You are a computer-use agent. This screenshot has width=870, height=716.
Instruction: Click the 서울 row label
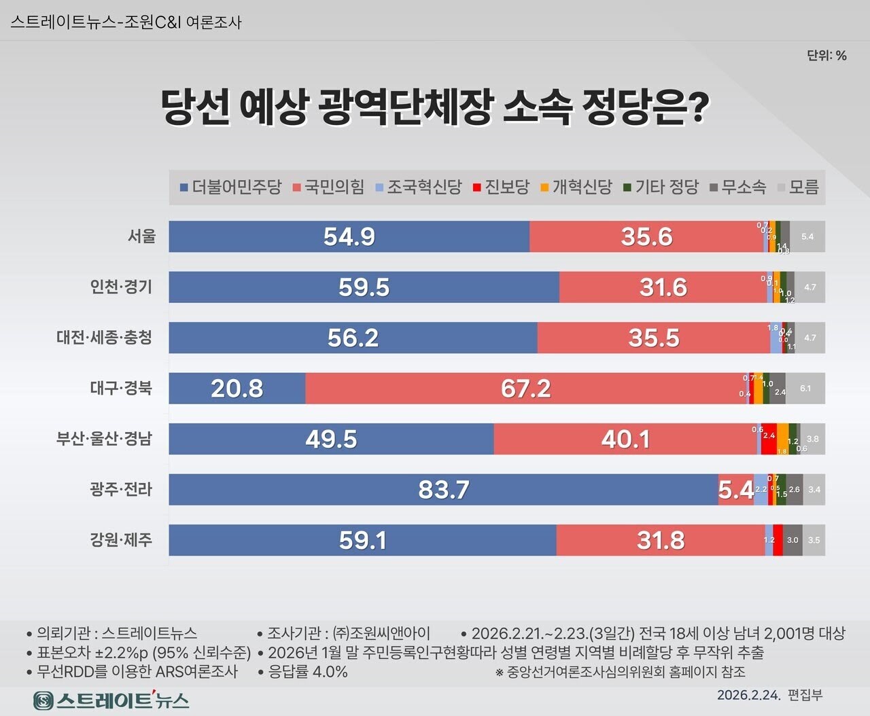(141, 236)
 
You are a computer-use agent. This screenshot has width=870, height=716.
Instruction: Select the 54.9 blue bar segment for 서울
(349, 236)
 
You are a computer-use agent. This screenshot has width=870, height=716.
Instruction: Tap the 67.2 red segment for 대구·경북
(525, 389)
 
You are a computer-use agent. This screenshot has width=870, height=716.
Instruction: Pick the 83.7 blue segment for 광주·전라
(443, 490)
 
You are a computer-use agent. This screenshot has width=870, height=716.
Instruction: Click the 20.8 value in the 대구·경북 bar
(237, 389)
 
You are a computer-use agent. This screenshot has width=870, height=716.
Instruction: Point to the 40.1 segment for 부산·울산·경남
(625, 439)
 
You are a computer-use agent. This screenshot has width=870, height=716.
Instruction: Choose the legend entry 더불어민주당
(230, 187)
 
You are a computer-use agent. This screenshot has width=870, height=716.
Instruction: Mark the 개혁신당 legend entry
(576, 187)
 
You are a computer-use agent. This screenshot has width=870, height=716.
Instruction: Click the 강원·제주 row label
(121, 540)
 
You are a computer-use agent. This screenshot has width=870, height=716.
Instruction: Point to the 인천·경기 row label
(121, 287)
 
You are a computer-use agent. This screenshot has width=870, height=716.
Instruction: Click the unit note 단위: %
(826, 56)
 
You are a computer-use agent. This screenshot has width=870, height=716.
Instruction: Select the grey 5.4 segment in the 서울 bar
(807, 236)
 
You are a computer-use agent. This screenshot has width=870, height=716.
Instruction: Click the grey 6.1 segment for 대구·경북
(805, 389)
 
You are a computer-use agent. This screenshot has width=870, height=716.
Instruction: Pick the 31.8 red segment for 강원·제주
(660, 540)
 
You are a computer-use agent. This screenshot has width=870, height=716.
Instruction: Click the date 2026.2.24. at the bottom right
(748, 695)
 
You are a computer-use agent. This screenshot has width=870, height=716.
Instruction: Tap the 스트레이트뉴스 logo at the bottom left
(111, 700)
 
